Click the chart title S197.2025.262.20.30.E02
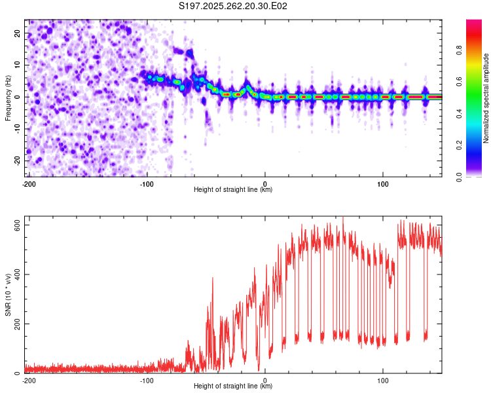[234, 6]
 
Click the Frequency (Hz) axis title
[8, 98]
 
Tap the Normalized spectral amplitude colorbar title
[486, 98]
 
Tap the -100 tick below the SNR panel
[147, 381]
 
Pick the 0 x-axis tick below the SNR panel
[264, 381]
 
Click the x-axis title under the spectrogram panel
[233, 190]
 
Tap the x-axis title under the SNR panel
[233, 386]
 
